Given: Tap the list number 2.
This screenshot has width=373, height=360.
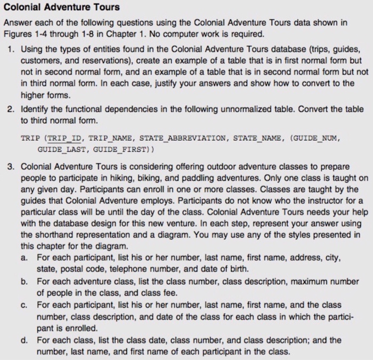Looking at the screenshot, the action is click(x=12, y=109).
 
